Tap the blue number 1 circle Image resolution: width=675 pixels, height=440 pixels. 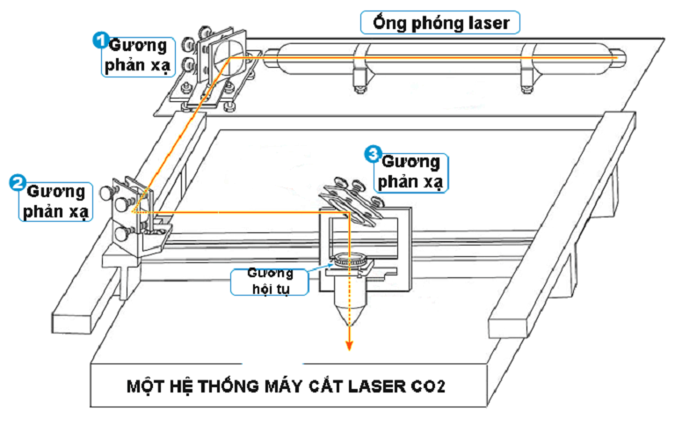tap(101, 40)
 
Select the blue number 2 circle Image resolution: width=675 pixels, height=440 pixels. tap(16, 182)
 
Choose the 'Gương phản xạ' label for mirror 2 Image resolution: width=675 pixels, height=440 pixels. tap(54, 202)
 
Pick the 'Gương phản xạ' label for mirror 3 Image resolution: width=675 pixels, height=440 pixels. tap(410, 172)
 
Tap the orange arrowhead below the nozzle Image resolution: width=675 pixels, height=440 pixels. tap(349, 344)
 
